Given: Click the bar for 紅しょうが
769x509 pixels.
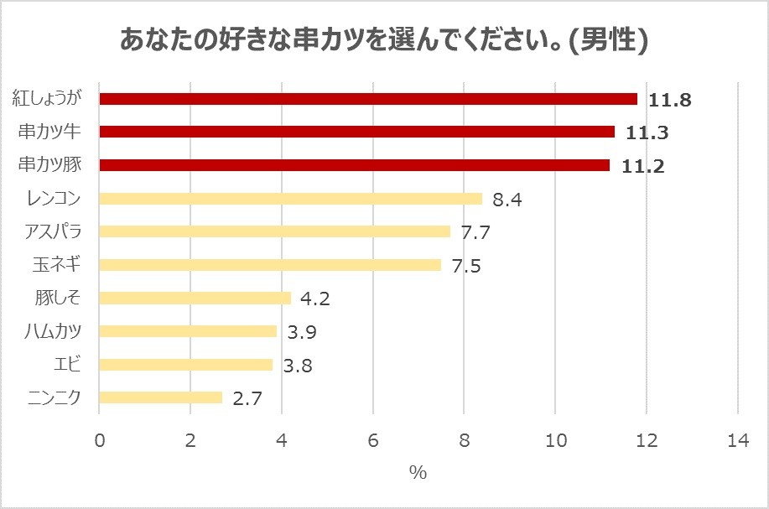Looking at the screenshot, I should [368, 99].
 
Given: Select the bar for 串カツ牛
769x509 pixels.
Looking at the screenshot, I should [356, 132].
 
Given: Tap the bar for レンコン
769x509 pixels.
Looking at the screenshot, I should [290, 199].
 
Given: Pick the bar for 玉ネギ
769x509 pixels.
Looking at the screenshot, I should [270, 265].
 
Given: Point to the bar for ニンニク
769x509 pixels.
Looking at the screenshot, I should [161, 397].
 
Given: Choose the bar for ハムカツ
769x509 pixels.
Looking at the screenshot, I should [188, 331].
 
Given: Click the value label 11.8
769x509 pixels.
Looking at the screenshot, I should [669, 100].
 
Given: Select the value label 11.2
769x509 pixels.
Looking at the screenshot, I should [642, 166].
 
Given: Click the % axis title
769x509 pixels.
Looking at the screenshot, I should [418, 472].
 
